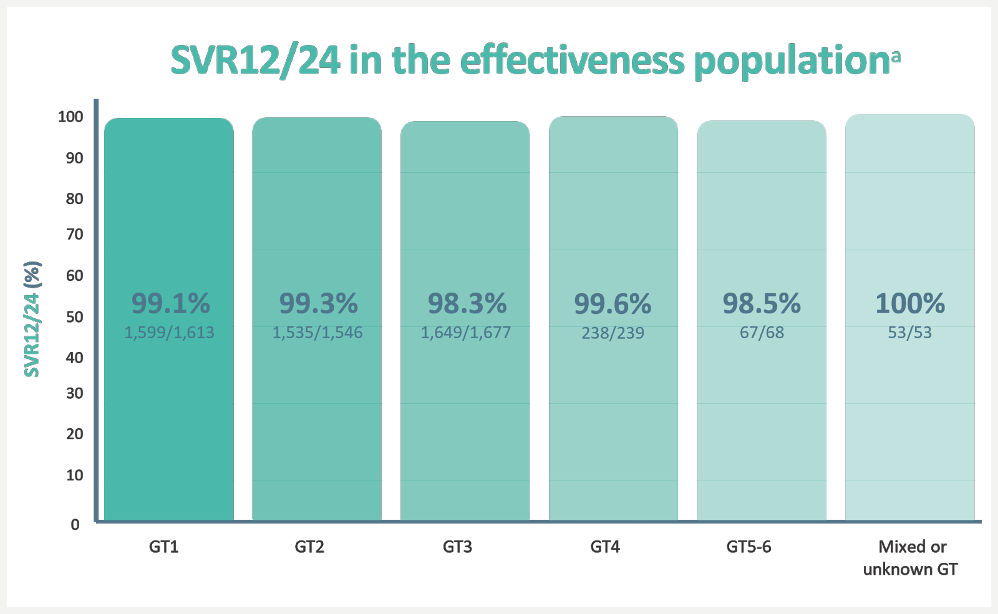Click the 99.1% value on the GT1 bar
(170, 304)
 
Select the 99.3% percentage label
(318, 304)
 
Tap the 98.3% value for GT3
(467, 304)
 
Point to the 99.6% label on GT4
(613, 305)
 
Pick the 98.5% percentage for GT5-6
(761, 304)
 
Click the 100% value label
(909, 304)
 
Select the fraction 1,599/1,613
(169, 333)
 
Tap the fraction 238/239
(613, 333)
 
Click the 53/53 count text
(909, 333)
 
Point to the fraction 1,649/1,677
(465, 333)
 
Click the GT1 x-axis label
(163, 547)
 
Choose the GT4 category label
(605, 547)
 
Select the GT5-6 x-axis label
(748, 547)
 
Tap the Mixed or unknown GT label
(911, 558)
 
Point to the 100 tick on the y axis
(70, 117)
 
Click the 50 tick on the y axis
(74, 317)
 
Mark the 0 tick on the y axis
(75, 525)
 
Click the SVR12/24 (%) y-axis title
(32, 319)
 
